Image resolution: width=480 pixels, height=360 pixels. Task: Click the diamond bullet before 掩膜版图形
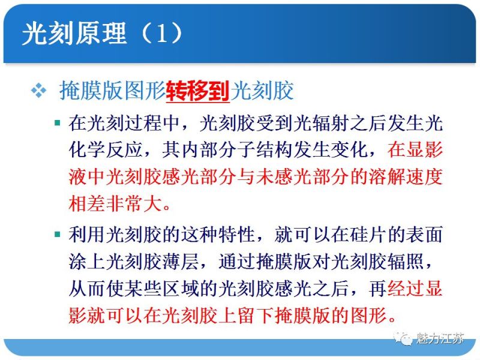pos(38,91)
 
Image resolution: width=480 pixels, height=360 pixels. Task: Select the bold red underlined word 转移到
pos(198,91)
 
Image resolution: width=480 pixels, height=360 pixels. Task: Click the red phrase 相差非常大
pos(113,203)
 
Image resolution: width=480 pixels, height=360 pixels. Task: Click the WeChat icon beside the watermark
pos(404,338)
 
